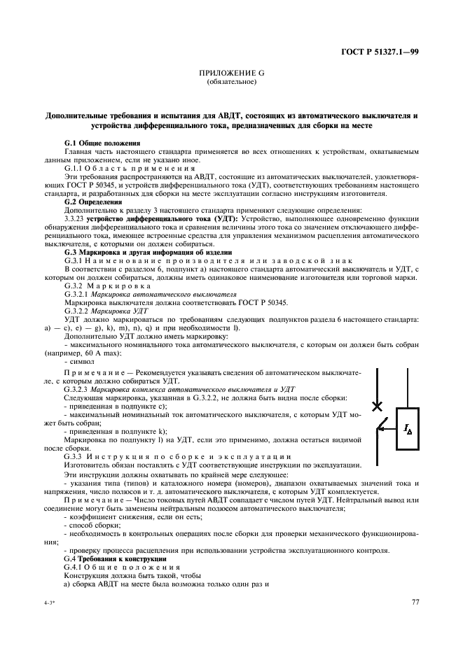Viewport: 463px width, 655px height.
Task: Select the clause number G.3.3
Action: (x=74, y=456)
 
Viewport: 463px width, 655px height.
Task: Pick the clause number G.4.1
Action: (x=75, y=568)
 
